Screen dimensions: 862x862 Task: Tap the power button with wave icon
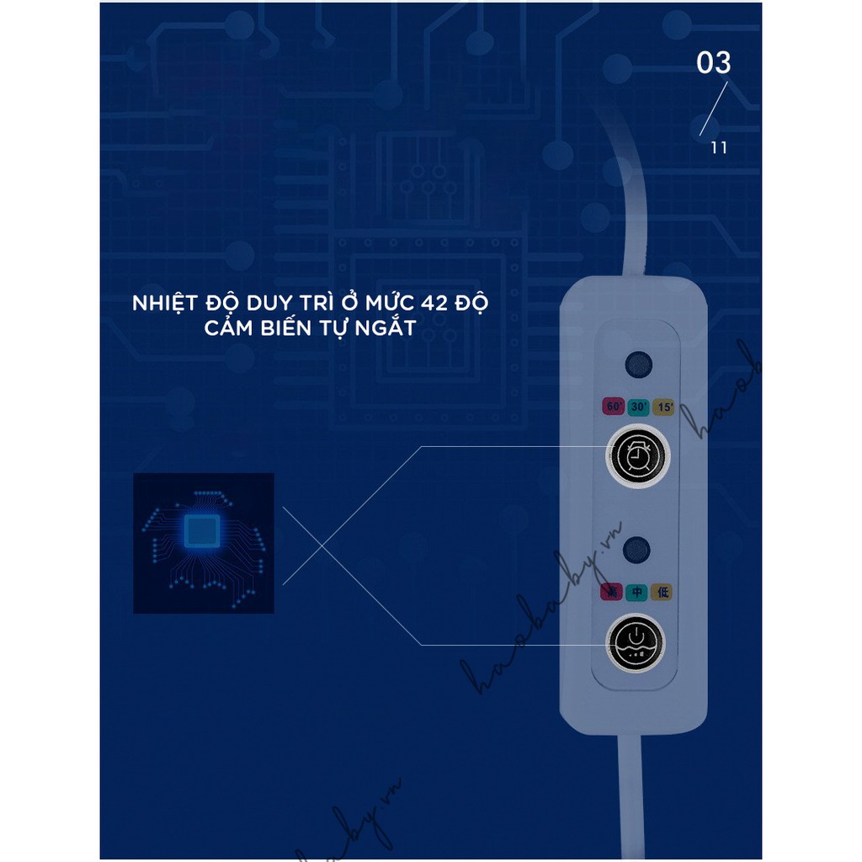click(636, 644)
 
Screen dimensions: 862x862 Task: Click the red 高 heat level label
click(612, 593)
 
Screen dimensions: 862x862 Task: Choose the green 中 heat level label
click(637, 593)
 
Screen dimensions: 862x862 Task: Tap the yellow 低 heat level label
click(662, 593)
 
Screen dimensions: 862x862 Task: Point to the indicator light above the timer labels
click(637, 365)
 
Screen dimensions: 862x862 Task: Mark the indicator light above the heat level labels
click(637, 551)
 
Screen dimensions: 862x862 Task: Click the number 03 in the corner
click(714, 63)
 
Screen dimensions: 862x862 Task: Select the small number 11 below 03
click(718, 148)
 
